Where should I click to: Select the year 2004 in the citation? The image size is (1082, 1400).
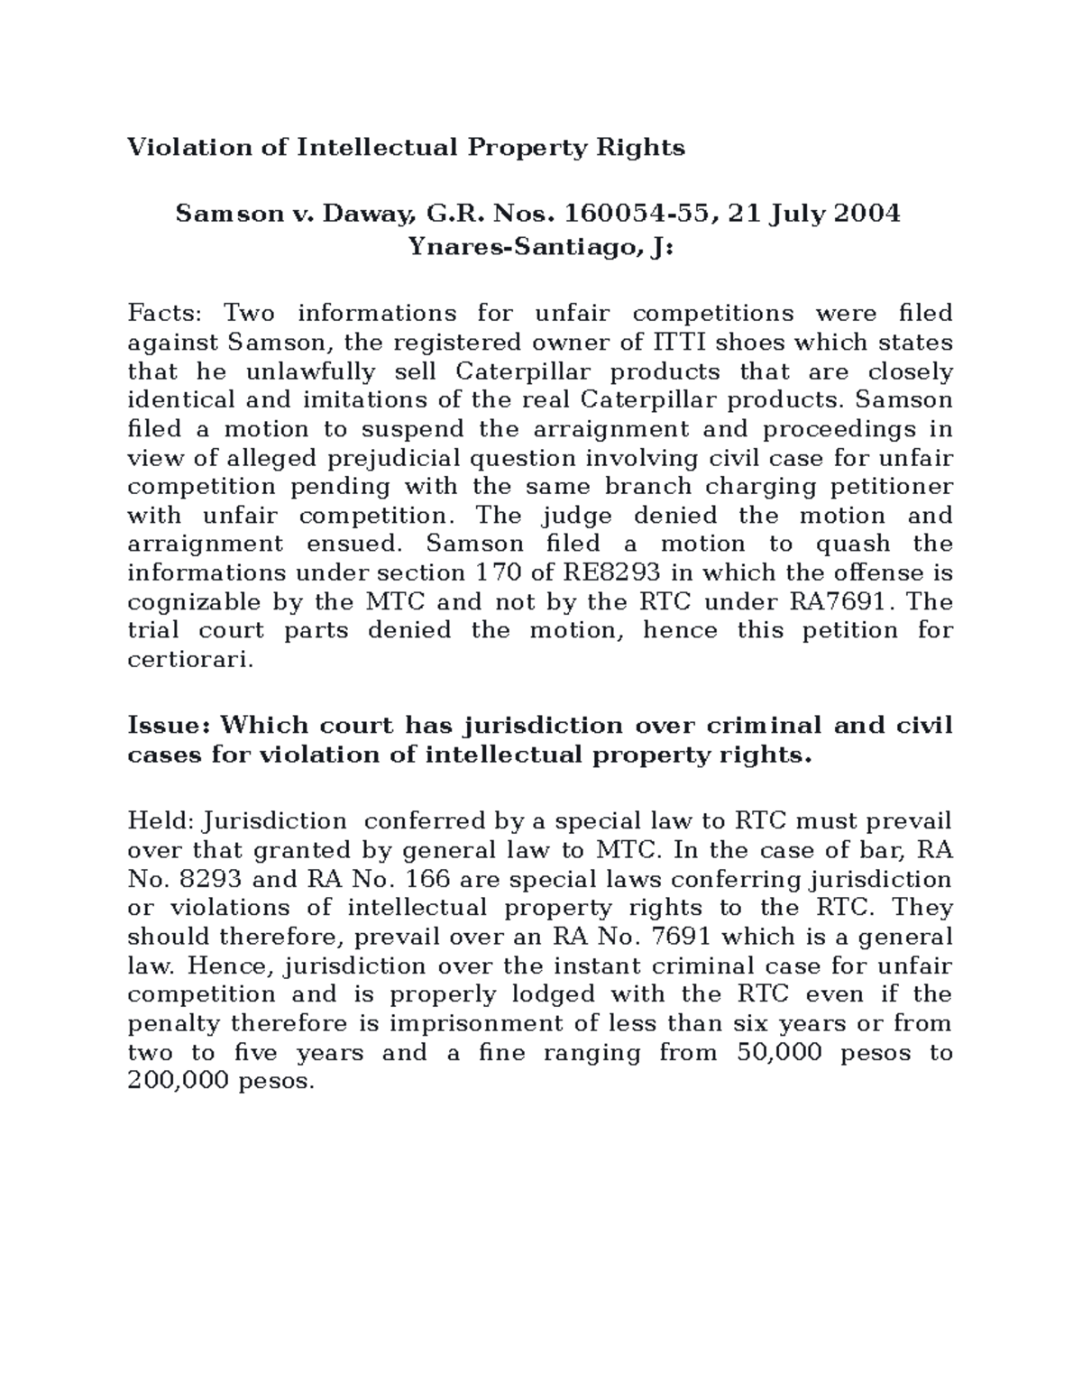point(866,214)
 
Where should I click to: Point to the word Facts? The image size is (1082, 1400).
point(166,313)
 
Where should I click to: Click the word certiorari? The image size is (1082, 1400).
point(191,660)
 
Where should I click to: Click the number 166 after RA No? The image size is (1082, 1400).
point(429,879)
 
